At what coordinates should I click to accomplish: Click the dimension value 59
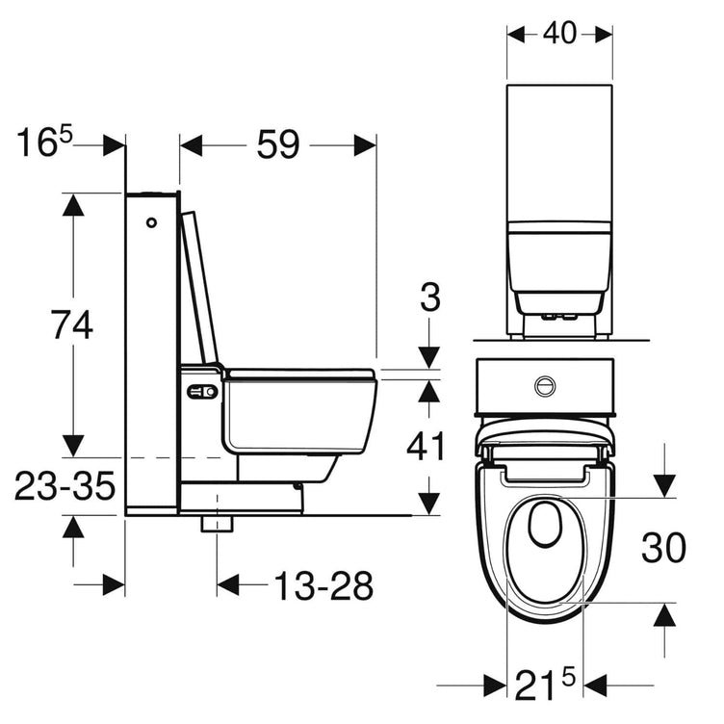coord(278,144)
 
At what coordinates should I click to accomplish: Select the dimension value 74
coord(72,325)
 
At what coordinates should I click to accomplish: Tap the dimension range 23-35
coord(65,487)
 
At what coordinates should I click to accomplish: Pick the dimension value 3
coord(430,297)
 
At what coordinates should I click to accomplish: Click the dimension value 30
coord(665,549)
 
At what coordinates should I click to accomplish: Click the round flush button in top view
coord(545,386)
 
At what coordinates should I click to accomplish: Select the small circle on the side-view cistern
coord(151,223)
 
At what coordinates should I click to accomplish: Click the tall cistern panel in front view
coord(559,154)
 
